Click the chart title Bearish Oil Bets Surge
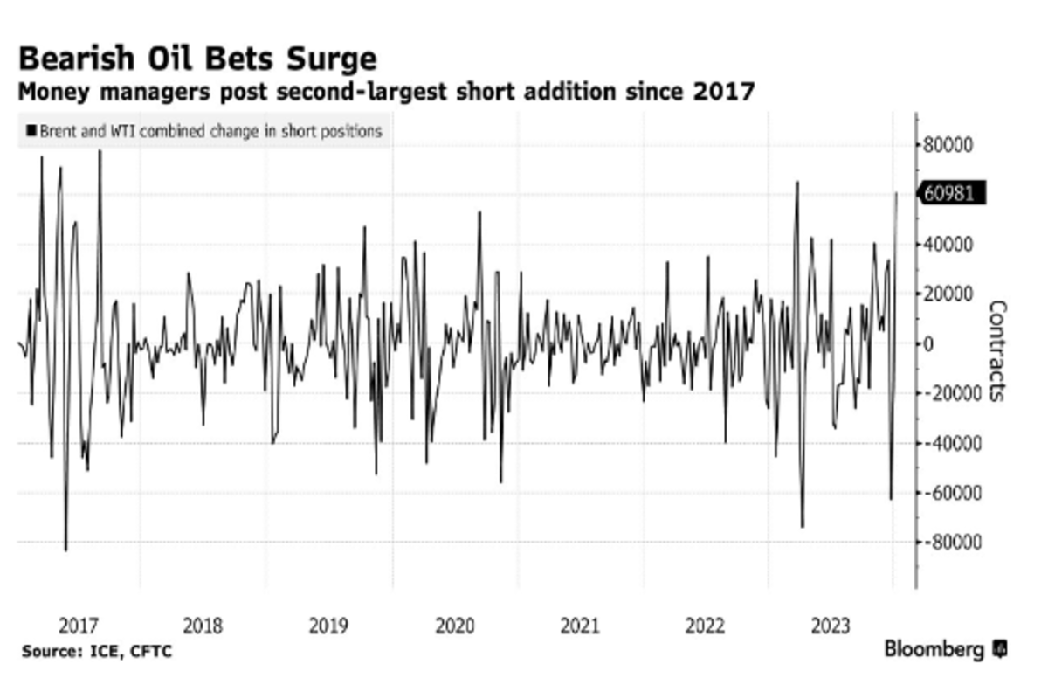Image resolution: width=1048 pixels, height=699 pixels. point(197,59)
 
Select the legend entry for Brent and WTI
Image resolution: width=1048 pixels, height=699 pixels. point(205,132)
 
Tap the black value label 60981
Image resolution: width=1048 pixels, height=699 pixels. point(950,193)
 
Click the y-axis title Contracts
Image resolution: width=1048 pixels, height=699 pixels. point(998,351)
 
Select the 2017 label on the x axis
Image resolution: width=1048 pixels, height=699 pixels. point(79,626)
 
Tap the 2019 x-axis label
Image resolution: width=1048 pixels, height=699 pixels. point(329,626)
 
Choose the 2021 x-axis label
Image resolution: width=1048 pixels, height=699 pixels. point(580,626)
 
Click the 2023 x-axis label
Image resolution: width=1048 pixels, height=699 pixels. point(831,626)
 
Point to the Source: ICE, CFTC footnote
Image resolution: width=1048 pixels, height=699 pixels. point(97,652)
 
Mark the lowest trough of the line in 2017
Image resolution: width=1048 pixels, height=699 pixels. point(65,550)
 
